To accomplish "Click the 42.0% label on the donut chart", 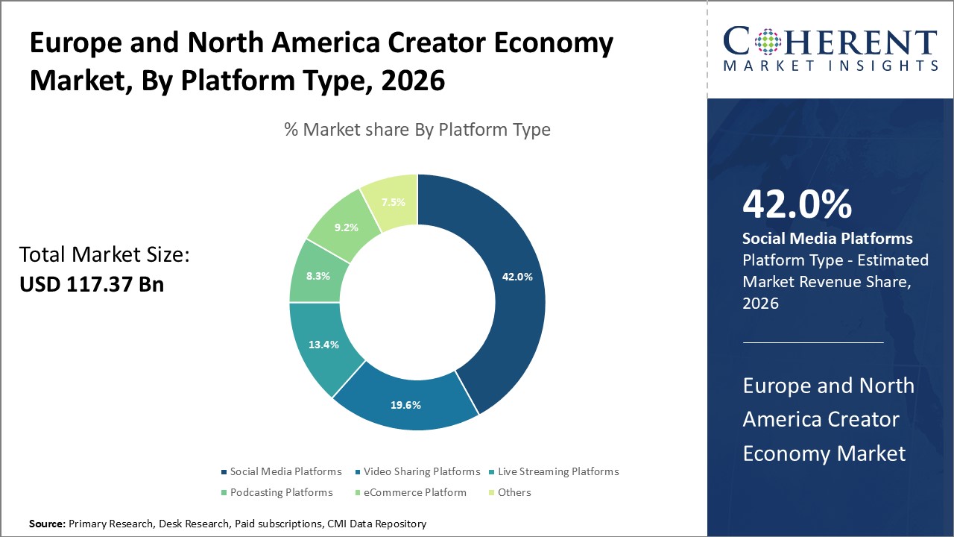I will click(517, 277).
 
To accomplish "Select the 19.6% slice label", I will click(405, 405).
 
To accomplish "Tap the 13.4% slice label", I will click(324, 345).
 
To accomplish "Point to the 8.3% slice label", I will click(318, 275).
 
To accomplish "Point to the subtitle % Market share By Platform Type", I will click(417, 130).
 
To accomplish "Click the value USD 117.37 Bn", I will click(92, 284).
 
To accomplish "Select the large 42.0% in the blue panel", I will click(797, 204).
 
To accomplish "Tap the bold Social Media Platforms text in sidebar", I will click(827, 239).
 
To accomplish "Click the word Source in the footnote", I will click(47, 524).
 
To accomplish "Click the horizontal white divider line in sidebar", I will click(813, 343).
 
